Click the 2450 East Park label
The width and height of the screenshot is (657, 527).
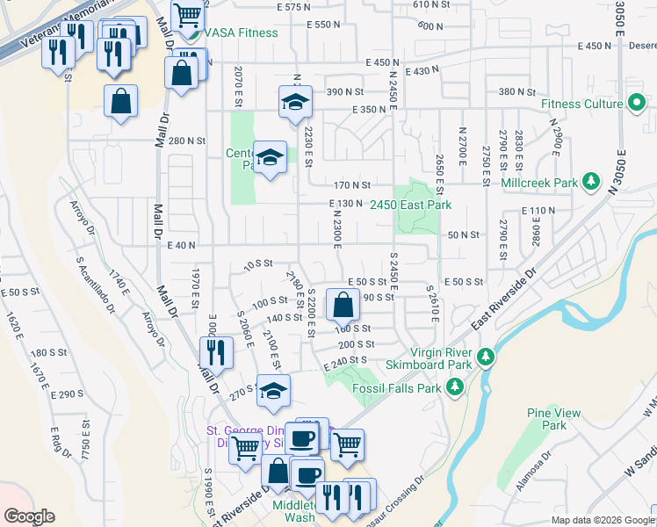coord(410,205)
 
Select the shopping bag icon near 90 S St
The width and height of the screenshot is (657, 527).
coord(342,306)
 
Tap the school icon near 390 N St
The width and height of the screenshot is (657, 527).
coord(295,104)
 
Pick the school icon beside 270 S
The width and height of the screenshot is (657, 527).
coord(272,392)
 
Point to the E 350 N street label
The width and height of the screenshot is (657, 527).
coord(369,110)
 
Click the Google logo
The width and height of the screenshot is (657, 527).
coord(30,516)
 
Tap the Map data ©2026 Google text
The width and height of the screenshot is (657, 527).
coord(603,520)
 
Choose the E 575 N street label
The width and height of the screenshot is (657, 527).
coord(293,7)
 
